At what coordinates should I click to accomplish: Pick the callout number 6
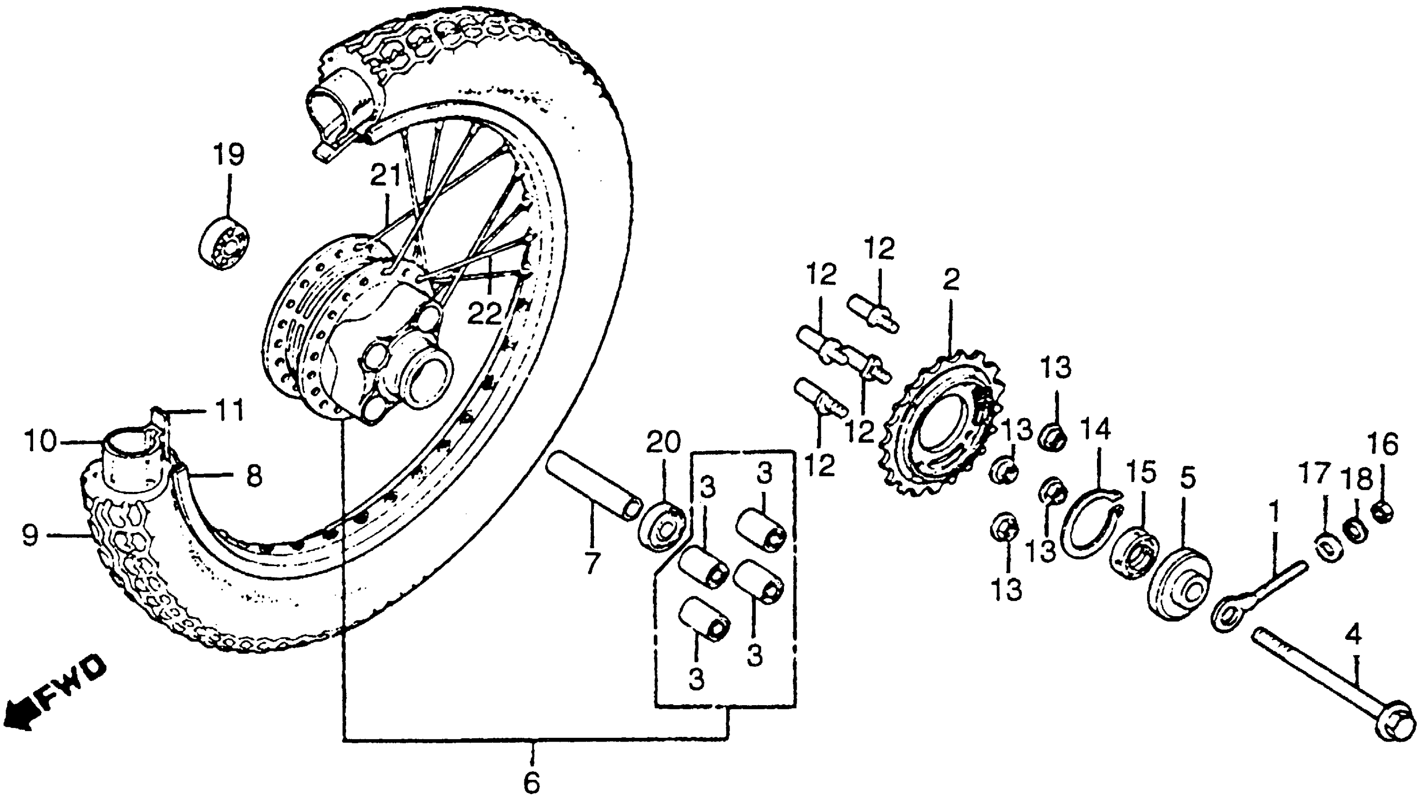click(531, 783)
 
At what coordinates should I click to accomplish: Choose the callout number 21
click(385, 177)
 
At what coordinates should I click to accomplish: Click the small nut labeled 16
click(1382, 511)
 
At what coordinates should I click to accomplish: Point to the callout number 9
click(30, 536)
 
